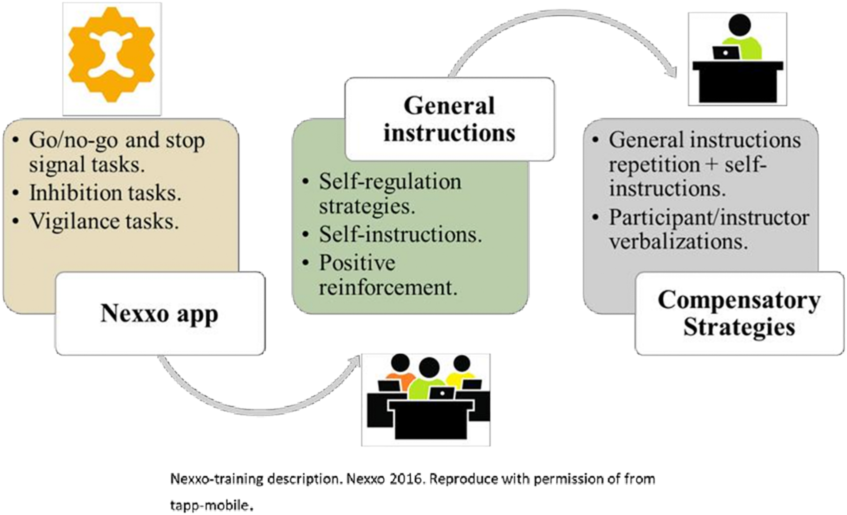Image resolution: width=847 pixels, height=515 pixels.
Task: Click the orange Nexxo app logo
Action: pyautogui.click(x=112, y=55)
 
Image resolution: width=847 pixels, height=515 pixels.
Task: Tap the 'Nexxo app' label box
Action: pyautogui.click(x=160, y=314)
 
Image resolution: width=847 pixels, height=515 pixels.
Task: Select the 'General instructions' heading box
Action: pyautogui.click(x=449, y=119)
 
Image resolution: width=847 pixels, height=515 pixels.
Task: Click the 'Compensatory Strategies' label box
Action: pyautogui.click(x=739, y=314)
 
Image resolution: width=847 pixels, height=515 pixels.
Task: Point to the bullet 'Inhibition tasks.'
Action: pyautogui.click(x=105, y=193)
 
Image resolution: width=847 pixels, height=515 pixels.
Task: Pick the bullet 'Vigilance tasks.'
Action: pyautogui.click(x=104, y=221)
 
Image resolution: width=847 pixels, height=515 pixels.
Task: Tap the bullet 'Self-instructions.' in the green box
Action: pyautogui.click(x=400, y=234)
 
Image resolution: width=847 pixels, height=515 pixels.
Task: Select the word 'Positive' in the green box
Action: pyautogui.click(x=357, y=263)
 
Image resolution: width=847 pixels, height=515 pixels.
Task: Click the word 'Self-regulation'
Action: pyautogui.click(x=390, y=181)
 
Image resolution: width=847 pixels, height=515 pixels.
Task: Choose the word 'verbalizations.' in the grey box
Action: pyautogui.click(x=679, y=242)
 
